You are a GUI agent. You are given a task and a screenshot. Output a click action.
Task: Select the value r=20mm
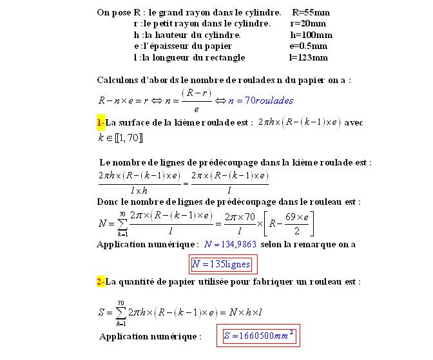click(311, 23)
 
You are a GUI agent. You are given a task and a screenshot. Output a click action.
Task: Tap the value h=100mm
click(311, 35)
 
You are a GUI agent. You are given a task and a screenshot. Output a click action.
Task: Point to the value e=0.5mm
click(309, 46)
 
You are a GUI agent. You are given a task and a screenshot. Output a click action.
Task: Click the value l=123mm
click(309, 57)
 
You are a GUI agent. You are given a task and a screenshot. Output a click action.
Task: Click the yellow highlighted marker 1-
click(101, 122)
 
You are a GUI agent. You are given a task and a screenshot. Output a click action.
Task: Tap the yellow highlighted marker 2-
click(101, 281)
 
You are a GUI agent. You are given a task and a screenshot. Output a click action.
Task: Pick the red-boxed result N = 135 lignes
click(220, 264)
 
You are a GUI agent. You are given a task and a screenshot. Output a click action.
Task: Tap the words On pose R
click(116, 12)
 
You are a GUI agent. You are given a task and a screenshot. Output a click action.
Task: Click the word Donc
click(108, 202)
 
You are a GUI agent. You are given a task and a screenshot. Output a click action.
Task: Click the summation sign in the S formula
click(120, 313)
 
